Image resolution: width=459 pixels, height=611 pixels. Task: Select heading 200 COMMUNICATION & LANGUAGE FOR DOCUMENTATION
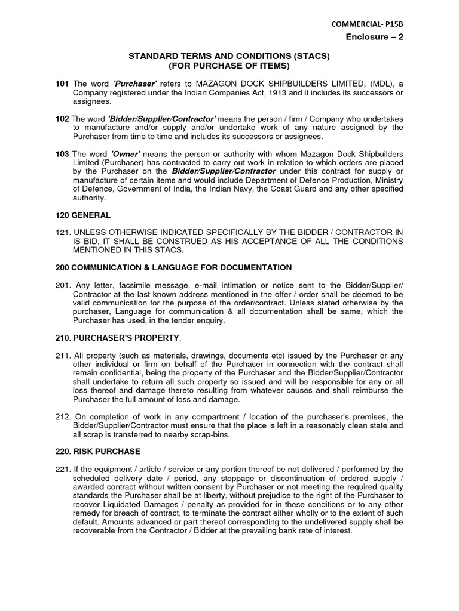(170, 267)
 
